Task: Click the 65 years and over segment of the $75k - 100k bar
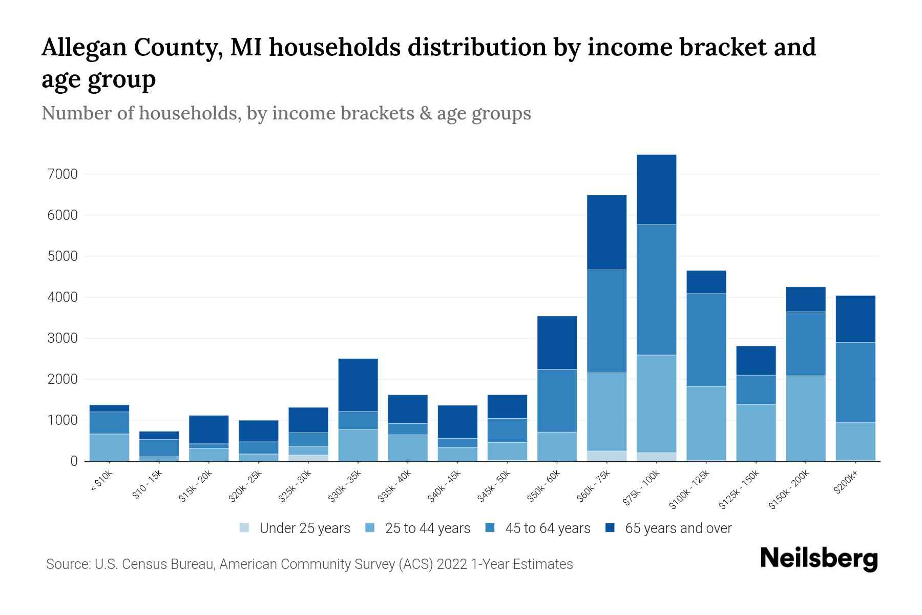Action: click(x=656, y=190)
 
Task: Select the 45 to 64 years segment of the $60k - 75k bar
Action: click(x=606, y=321)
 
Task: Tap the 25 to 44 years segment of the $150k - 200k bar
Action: click(x=806, y=418)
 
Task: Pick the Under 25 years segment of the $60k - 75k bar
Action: click(x=606, y=456)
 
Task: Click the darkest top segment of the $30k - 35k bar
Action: click(x=358, y=385)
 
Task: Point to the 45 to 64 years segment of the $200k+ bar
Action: click(x=855, y=382)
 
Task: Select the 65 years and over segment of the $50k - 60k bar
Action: click(x=557, y=342)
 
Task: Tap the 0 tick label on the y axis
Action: click(x=74, y=461)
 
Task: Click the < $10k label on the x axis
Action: click(x=101, y=482)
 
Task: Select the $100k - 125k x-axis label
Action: click(x=689, y=490)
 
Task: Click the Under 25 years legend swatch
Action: click(x=245, y=528)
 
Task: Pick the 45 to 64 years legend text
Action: click(x=548, y=528)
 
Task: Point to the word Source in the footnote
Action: click(x=68, y=564)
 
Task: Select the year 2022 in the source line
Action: click(x=452, y=564)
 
